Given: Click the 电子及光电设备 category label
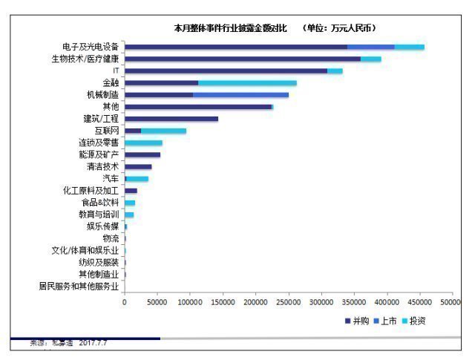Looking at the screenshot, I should [x=90, y=47].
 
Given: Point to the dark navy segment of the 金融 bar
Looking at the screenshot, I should [x=161, y=82].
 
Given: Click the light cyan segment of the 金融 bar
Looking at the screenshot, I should [x=247, y=82].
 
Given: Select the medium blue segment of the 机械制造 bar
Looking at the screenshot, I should [x=240, y=94].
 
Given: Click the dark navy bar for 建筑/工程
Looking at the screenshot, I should [x=171, y=119].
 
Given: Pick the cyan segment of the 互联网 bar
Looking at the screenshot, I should [x=163, y=131].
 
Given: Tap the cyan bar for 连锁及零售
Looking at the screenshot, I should [x=143, y=143].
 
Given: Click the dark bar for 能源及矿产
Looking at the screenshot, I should [x=142, y=154].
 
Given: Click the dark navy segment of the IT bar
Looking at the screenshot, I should [x=226, y=71].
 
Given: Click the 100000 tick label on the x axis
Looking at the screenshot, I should [x=190, y=303].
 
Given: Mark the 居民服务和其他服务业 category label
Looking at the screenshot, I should [x=79, y=286].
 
